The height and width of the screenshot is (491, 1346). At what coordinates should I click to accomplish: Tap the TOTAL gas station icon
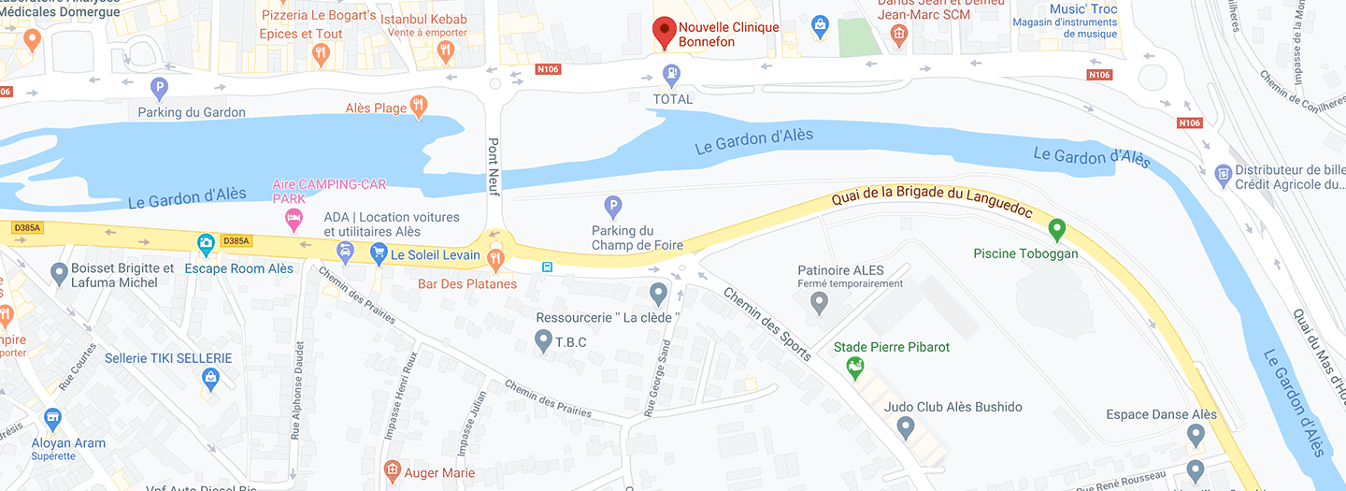(671, 73)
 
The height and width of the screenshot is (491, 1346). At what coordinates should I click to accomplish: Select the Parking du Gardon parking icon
(159, 89)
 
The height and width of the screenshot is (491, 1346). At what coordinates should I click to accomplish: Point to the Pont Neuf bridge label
(494, 166)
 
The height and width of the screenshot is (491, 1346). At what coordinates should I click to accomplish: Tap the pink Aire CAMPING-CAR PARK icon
(293, 220)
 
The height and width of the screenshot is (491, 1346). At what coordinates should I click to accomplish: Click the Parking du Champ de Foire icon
(612, 206)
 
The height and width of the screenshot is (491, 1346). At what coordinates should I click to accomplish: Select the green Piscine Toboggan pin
(1057, 228)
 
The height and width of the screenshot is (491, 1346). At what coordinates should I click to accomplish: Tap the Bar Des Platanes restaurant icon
(495, 257)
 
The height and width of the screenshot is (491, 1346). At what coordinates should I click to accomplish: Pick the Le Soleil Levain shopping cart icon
(379, 253)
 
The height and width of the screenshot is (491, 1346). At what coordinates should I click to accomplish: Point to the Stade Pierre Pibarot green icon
(854, 369)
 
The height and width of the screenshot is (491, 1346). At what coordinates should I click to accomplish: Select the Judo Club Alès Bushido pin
(904, 428)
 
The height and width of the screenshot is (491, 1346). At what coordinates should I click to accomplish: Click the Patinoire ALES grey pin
(819, 302)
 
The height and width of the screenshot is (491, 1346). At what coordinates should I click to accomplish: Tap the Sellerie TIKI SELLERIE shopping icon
(211, 379)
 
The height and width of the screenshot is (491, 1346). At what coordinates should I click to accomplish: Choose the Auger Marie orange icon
(393, 469)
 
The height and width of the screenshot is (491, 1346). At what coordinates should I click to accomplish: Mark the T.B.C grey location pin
(543, 341)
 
